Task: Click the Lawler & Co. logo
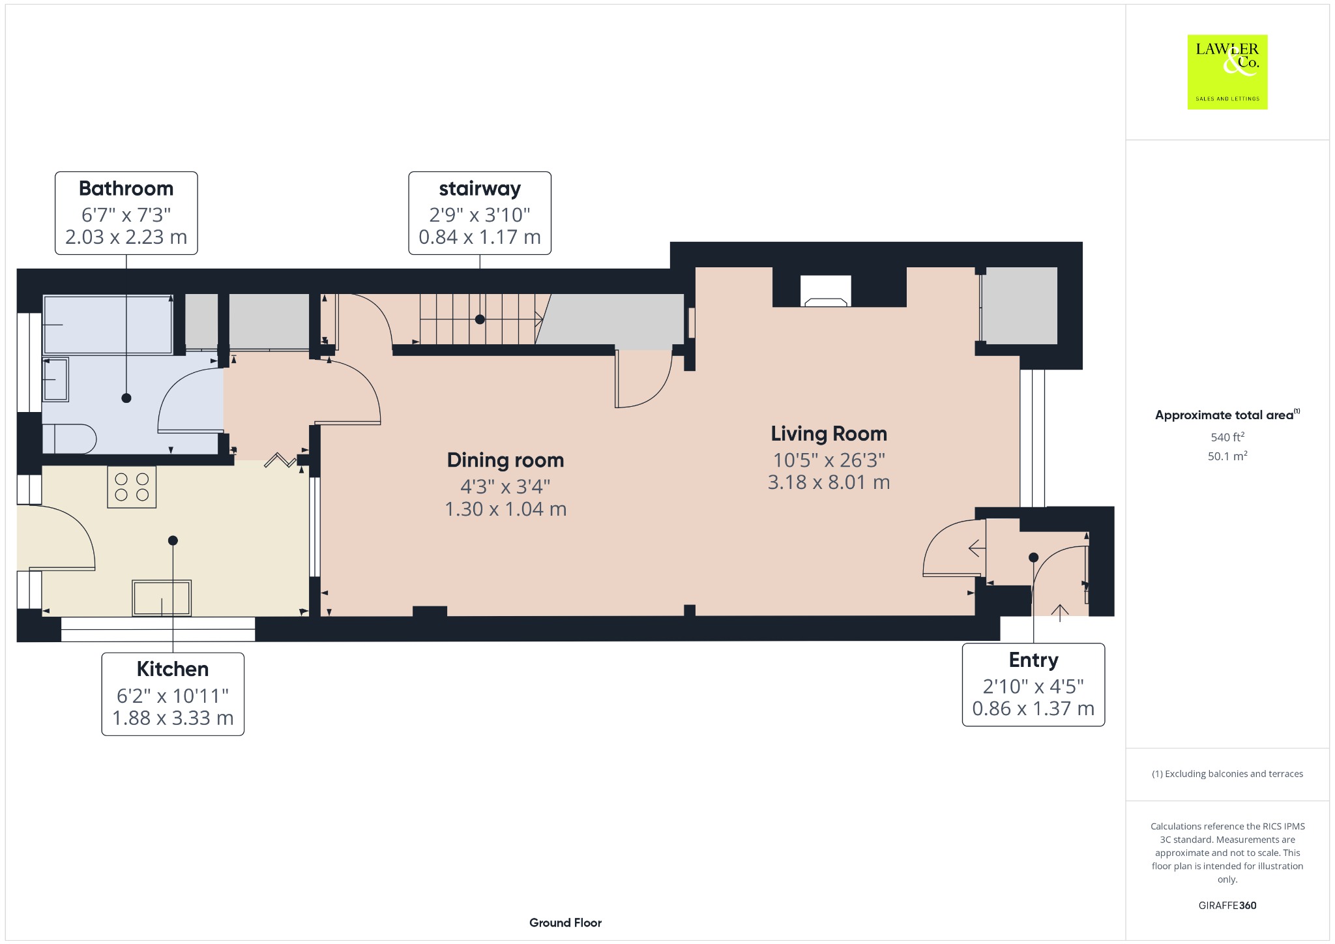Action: pyautogui.click(x=1227, y=72)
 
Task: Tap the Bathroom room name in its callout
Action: pyautogui.click(x=126, y=188)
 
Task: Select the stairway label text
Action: pyautogui.click(x=480, y=189)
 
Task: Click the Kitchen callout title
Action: pyautogui.click(x=173, y=669)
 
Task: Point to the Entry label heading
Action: pyautogui.click(x=1034, y=660)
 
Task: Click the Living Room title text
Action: pyautogui.click(x=829, y=434)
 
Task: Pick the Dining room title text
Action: pyautogui.click(x=506, y=460)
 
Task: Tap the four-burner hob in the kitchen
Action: pyautogui.click(x=132, y=487)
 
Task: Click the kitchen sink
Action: pyautogui.click(x=162, y=598)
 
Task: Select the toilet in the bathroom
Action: pyautogui.click(x=69, y=439)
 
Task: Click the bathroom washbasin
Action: pyautogui.click(x=55, y=379)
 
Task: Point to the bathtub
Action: pyautogui.click(x=108, y=325)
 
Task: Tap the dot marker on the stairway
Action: pyautogui.click(x=480, y=319)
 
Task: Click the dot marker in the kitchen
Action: pyautogui.click(x=173, y=540)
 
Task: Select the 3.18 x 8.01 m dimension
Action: pyautogui.click(x=829, y=482)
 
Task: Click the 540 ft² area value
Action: pyautogui.click(x=1227, y=437)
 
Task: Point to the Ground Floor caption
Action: pyautogui.click(x=565, y=922)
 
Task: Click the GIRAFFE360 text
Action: pyautogui.click(x=1227, y=906)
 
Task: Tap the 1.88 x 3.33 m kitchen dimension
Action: pyautogui.click(x=173, y=718)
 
